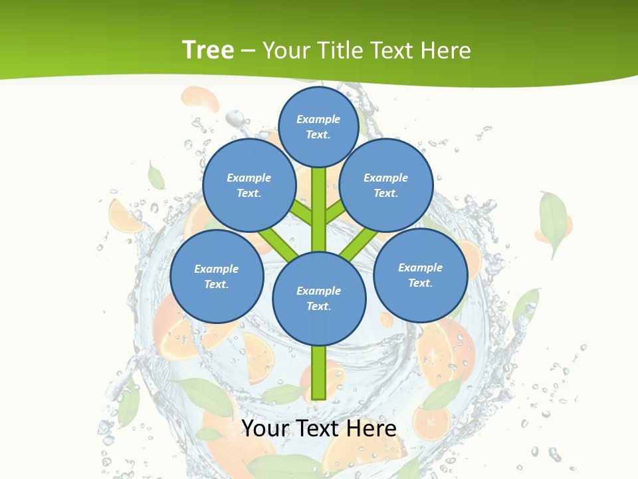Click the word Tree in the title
(208, 50)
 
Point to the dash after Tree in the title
(248, 51)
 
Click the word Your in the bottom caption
(264, 428)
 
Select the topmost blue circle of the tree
(318, 126)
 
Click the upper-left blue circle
(249, 185)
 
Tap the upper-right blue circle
(386, 185)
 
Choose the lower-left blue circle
(217, 276)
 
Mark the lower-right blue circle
(420, 275)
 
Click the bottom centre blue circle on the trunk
(319, 298)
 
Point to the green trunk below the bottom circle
(319, 373)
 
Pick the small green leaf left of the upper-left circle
(156, 176)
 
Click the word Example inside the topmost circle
(318, 119)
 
